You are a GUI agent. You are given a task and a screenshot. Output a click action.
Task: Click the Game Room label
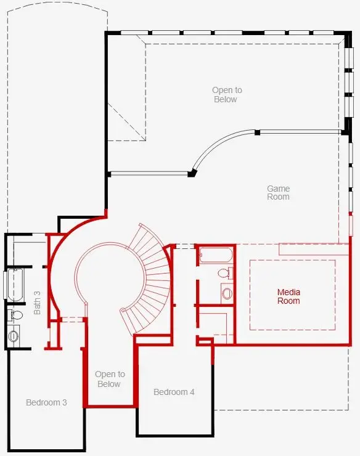point(278,192)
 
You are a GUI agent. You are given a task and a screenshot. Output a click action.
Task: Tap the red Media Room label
point(288,296)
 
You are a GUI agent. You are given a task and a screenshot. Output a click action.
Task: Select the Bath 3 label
point(37,303)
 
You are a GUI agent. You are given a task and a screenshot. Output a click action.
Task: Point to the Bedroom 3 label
point(46,402)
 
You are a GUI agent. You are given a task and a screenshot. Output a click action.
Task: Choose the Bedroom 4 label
point(174,392)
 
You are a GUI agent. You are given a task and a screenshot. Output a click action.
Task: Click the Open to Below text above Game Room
point(227,94)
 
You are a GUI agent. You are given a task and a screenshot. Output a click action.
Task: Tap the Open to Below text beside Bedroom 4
point(110,379)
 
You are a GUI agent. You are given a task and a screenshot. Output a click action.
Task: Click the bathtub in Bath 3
point(15,285)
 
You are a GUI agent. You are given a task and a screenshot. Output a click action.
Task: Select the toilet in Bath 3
point(16,316)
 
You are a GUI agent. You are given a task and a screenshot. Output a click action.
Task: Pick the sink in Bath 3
point(13,336)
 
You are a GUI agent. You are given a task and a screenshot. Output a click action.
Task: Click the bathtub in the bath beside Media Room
point(216,255)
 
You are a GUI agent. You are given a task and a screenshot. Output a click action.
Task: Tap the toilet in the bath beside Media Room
point(226,274)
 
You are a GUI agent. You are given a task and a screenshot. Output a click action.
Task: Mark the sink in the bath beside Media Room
point(227,293)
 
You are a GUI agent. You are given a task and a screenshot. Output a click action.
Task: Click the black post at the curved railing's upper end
point(257,132)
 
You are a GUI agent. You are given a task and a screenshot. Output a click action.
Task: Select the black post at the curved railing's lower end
point(192,173)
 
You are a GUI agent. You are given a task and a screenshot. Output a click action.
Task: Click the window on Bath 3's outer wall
point(5,285)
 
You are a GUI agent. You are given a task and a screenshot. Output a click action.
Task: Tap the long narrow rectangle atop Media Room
point(314,249)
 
